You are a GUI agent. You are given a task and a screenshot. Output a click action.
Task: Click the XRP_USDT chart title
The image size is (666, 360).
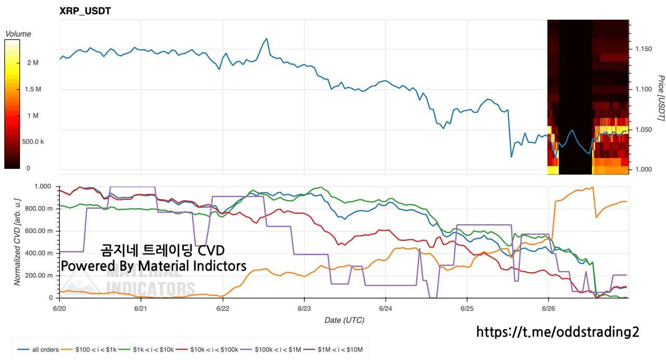point(85,11)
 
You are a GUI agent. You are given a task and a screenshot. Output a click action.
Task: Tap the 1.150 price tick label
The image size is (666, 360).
point(644,49)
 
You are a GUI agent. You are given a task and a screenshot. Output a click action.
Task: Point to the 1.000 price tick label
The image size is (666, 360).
point(644,170)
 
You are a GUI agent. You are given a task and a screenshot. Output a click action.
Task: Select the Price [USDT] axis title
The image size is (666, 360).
point(661,98)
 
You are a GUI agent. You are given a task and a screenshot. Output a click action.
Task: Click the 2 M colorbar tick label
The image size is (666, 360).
point(33,63)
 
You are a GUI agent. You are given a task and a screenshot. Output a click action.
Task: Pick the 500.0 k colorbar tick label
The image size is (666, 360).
point(33,142)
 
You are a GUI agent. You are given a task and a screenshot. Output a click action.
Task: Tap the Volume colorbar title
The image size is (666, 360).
point(18,34)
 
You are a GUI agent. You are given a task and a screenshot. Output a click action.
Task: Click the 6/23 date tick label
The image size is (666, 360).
point(304,308)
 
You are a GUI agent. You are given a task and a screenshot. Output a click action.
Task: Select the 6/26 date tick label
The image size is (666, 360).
point(548,308)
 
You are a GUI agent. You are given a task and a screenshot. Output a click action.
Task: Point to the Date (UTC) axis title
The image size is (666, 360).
point(344,320)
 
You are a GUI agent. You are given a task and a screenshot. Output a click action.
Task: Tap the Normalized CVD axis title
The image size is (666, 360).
point(17,242)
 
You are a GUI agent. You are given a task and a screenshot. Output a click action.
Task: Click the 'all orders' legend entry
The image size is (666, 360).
point(38,350)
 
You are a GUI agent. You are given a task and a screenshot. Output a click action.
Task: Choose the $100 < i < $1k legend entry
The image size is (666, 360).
point(88,350)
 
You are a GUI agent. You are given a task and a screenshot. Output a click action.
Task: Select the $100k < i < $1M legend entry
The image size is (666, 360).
point(271,350)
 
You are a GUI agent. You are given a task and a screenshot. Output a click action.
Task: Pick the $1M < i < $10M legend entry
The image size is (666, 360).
point(333,350)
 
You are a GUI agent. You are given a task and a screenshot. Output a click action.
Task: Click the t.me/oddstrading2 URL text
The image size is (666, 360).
point(557,332)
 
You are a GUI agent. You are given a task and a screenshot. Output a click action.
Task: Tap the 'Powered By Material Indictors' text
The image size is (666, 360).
point(153,266)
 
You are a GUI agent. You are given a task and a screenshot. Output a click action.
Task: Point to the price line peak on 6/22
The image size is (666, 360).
point(267,38)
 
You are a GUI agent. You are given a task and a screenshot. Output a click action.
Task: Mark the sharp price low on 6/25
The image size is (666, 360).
point(511,157)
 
